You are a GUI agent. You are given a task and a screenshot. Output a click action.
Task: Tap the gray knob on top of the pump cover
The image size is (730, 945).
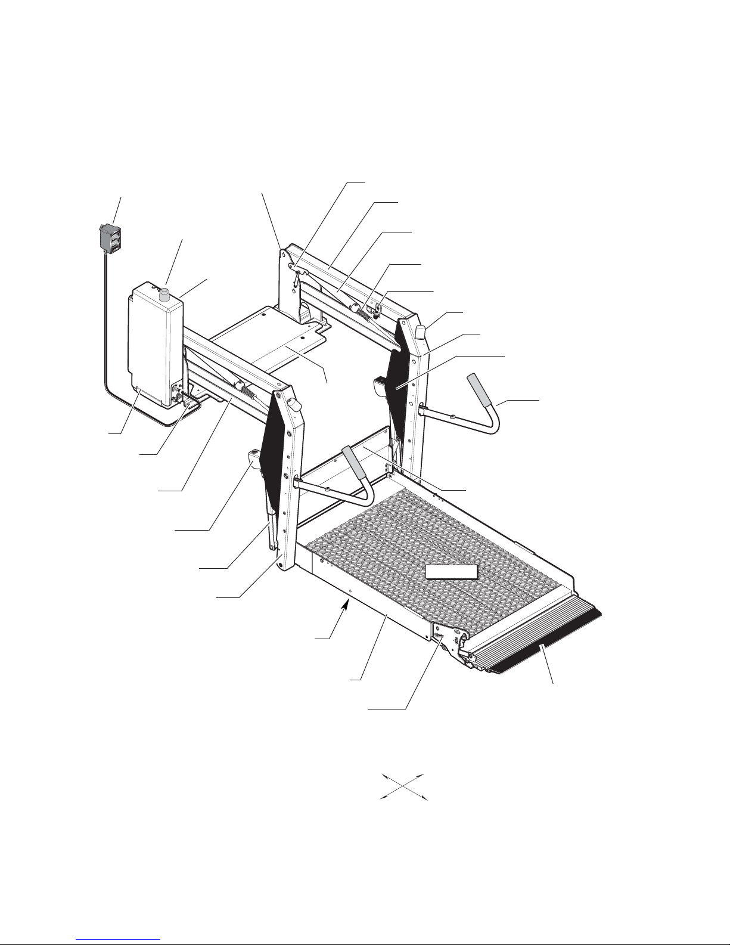coord(165,294)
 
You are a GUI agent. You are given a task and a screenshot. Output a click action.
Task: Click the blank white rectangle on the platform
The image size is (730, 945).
coord(452,572)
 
